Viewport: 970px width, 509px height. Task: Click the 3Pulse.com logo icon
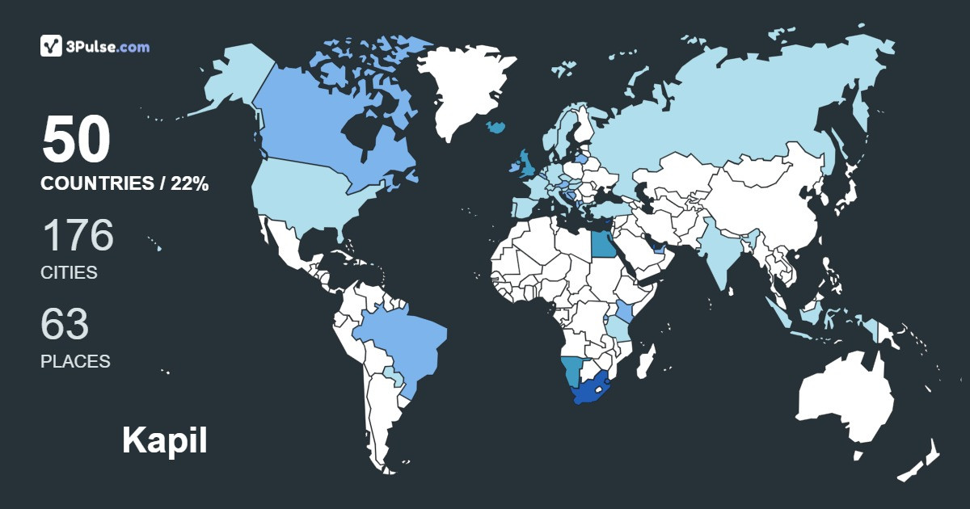click(x=52, y=46)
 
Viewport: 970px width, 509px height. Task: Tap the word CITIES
click(x=69, y=272)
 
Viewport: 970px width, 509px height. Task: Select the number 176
click(x=78, y=236)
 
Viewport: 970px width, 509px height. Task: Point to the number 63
click(x=65, y=324)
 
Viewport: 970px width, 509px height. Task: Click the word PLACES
click(x=75, y=361)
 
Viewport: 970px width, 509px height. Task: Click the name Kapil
click(x=165, y=440)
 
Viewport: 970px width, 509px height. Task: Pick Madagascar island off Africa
click(x=646, y=360)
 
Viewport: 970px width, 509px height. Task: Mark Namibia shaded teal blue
click(x=572, y=371)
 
